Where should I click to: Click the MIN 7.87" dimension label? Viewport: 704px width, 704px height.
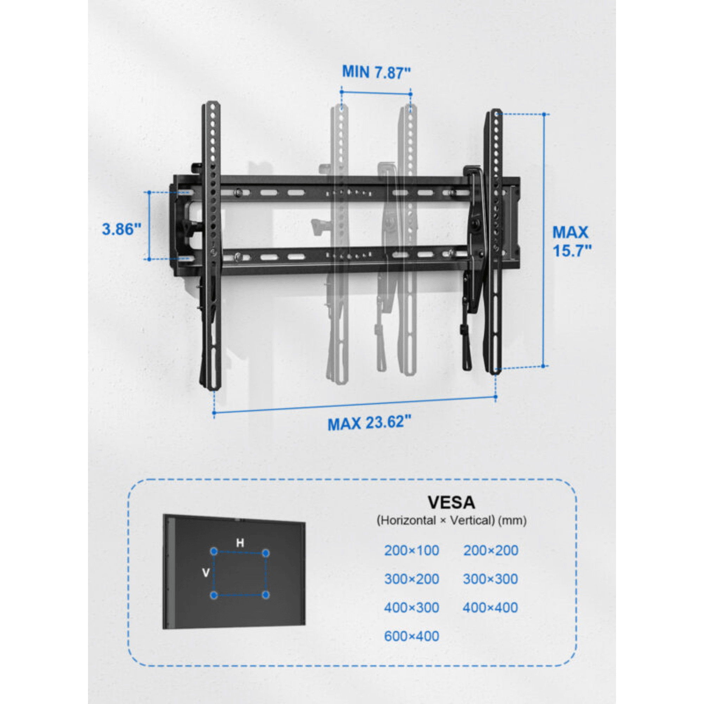pyautogui.click(x=376, y=72)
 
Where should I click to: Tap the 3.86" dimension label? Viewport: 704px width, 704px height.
pyautogui.click(x=121, y=229)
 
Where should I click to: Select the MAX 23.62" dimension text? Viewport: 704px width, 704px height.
pyautogui.click(x=369, y=423)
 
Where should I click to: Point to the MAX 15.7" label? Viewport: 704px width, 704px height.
pyautogui.click(x=571, y=241)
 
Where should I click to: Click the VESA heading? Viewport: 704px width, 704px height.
pyautogui.click(x=451, y=503)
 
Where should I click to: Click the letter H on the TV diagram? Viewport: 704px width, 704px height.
pyautogui.click(x=240, y=543)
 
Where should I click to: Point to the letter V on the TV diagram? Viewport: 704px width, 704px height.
pyautogui.click(x=206, y=573)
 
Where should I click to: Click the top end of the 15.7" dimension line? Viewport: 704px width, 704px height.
pyautogui.click(x=544, y=114)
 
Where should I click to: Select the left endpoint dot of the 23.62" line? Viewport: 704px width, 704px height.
pyautogui.click(x=214, y=413)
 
